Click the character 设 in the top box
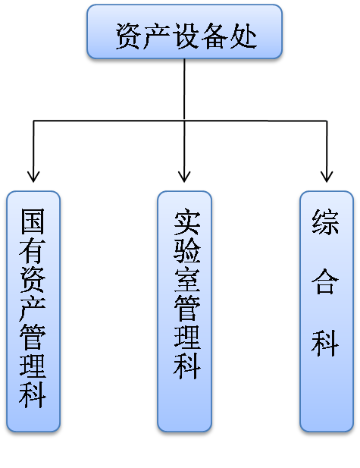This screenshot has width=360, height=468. point(186,36)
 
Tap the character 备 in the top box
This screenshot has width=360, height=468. point(214,36)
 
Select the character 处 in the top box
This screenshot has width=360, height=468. point(243,36)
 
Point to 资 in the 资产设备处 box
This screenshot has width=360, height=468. point(129,36)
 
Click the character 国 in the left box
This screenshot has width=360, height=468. point(33,221)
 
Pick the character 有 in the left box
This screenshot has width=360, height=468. point(33,251)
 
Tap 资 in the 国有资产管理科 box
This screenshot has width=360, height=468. point(33,280)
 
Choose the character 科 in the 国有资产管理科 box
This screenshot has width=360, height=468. point(33,396)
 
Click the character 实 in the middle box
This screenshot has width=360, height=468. point(187,221)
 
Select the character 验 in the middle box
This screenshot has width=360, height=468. point(187,251)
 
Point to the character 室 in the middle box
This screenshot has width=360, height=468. point(187,280)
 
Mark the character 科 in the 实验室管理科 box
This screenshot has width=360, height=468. point(187,367)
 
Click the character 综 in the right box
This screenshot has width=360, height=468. point(325,221)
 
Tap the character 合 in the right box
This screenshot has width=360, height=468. point(325,281)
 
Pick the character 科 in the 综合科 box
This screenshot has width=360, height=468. point(325,343)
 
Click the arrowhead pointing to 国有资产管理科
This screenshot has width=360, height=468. point(33,177)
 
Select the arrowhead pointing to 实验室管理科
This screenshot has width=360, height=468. point(184,177)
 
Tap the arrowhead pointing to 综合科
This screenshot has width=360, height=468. point(327,177)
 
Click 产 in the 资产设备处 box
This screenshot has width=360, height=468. point(157,36)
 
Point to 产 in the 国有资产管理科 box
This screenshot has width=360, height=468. point(33,309)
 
